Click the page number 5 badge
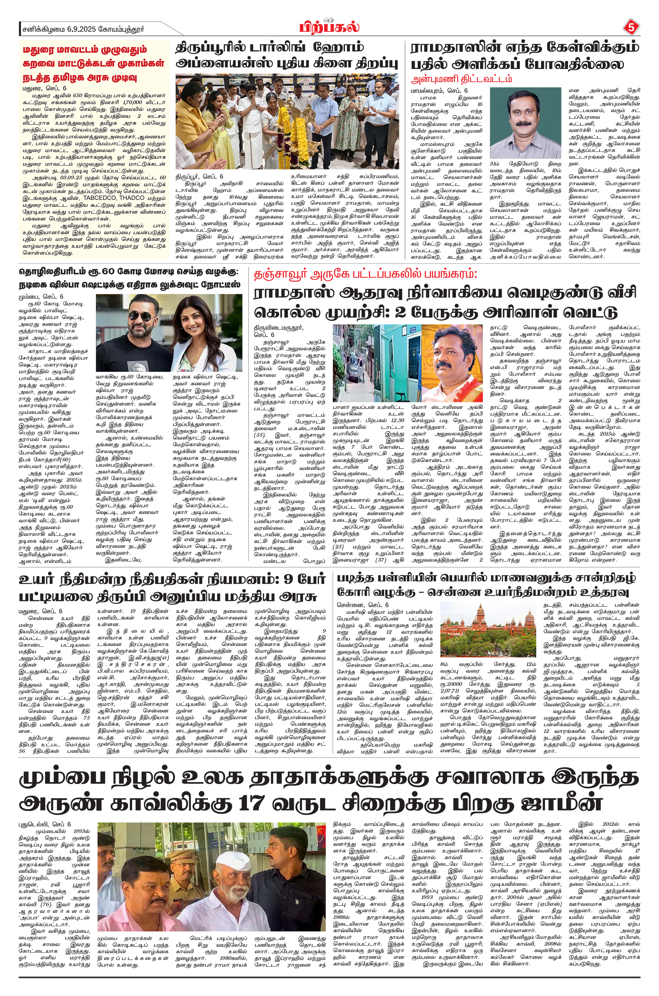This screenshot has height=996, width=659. coord(630,28)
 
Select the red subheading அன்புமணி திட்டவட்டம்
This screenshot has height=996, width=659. coord(461,79)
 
